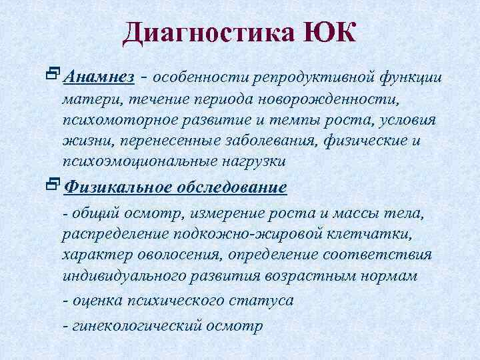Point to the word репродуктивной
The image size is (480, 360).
pyautogui.click(x=313, y=78)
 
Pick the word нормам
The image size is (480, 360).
pyautogui.click(x=391, y=276)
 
